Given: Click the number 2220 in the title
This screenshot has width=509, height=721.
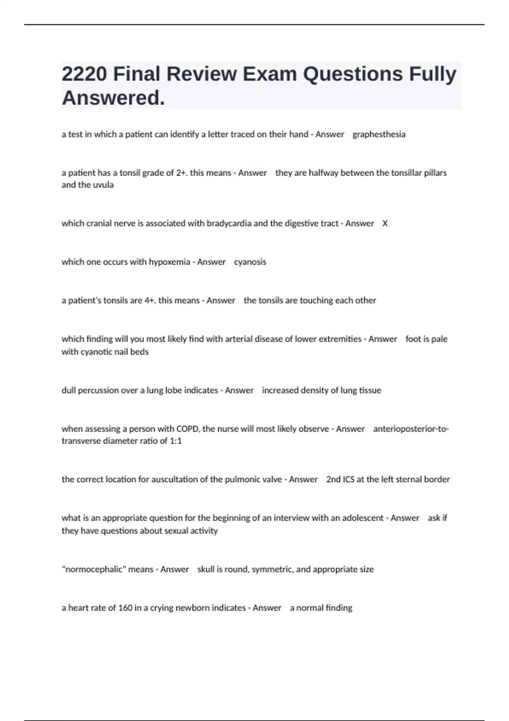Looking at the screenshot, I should click(84, 74).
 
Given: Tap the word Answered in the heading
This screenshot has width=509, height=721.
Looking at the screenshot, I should click(113, 98).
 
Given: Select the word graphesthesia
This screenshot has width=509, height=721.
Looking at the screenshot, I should click(379, 134).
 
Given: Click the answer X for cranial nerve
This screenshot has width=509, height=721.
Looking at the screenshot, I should click(385, 224).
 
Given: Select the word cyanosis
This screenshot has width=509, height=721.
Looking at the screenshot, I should click(250, 262).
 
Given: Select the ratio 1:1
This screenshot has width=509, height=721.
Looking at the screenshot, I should click(176, 441).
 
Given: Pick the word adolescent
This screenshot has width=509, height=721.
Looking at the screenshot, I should click(363, 518).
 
